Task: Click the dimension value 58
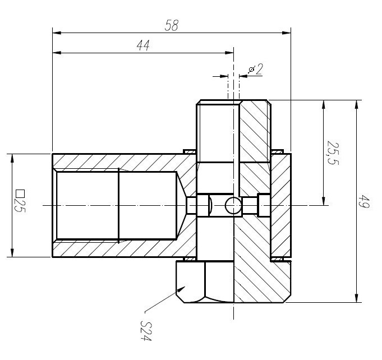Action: (172, 25)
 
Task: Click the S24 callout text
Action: (147, 330)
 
